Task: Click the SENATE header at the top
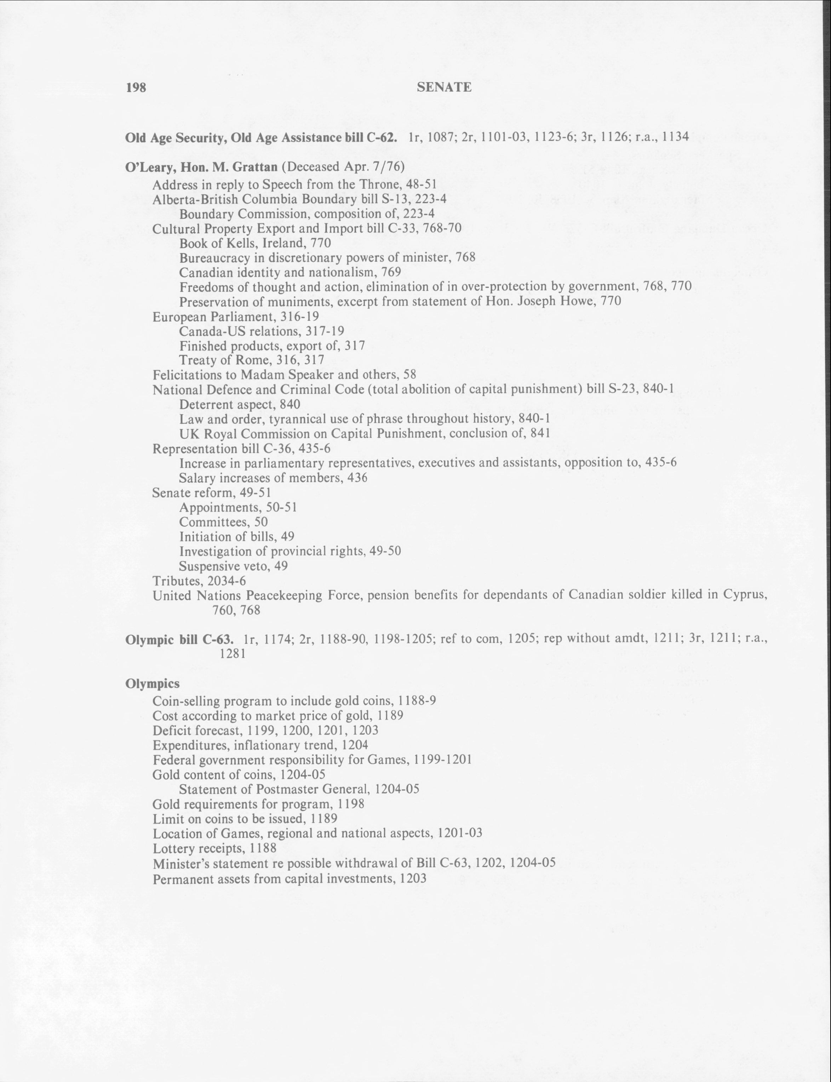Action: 444,87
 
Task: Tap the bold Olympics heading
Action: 152,683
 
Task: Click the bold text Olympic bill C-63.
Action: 179,639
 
